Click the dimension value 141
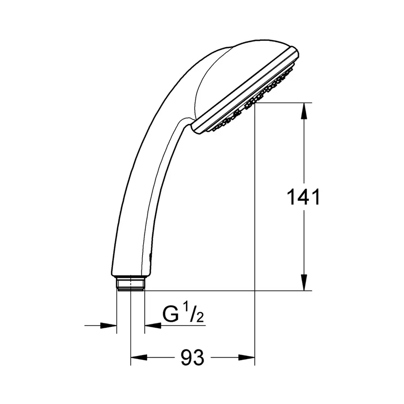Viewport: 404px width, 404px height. [304, 197]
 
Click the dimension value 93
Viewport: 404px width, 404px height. [192, 358]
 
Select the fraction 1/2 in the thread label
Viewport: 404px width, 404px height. [196, 315]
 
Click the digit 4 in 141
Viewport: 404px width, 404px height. [303, 197]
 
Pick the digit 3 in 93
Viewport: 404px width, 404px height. [198, 358]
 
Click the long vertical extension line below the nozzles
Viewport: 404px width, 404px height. [255, 224]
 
